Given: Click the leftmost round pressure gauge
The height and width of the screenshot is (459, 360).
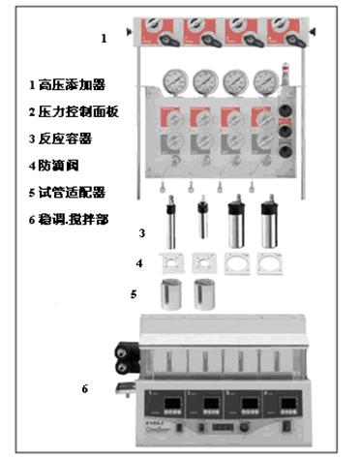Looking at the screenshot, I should pyautogui.click(x=176, y=79).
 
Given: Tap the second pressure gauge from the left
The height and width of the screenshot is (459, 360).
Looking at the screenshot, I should pyautogui.click(x=205, y=79).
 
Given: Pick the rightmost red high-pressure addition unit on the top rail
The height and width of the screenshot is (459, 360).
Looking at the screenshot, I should pyautogui.click(x=287, y=27).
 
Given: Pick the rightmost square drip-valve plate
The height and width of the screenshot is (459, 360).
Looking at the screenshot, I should pyautogui.click(x=268, y=263).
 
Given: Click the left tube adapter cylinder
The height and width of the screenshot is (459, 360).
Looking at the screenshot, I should pyautogui.click(x=175, y=293).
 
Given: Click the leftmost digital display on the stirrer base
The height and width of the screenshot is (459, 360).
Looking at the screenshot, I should pyautogui.click(x=162, y=399).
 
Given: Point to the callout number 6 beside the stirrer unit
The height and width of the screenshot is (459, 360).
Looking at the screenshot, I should pyautogui.click(x=84, y=389).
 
